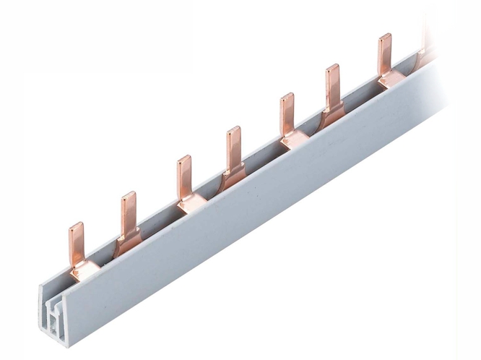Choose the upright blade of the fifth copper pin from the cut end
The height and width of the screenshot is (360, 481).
[x=287, y=112]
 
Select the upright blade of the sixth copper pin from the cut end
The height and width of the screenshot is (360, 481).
[x=332, y=83]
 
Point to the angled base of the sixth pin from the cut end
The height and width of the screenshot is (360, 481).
[x=333, y=112]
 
